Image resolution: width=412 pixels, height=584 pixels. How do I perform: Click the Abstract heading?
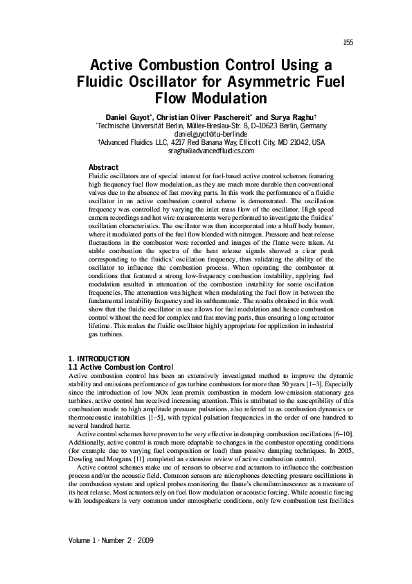(104, 167)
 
